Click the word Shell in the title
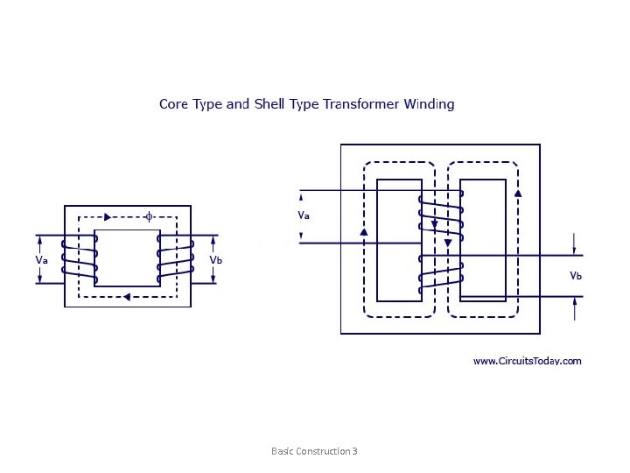tap(269, 104)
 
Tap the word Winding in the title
tap(429, 104)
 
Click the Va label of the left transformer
tap(41, 260)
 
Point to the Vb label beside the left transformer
tap(216, 260)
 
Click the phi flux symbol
tap(149, 215)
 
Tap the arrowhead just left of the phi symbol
tap(108, 216)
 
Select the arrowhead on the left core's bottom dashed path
tap(128, 297)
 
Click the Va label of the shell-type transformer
tap(304, 215)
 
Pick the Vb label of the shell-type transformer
tap(576, 275)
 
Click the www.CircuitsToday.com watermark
tap(527, 361)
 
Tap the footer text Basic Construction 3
tap(314, 451)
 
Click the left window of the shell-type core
tap(398, 240)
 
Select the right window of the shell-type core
tap(483, 240)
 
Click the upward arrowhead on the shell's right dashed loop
tap(518, 193)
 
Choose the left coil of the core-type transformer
tap(79, 259)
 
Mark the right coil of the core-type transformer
tap(176, 259)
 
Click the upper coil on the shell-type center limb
tap(440, 215)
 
